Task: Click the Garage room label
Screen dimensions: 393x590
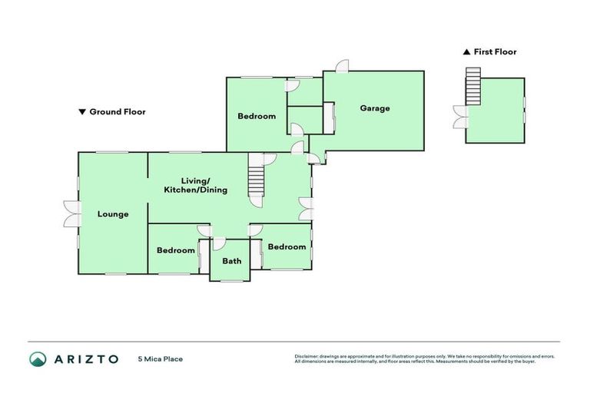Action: [x=375, y=108]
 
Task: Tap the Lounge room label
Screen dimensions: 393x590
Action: [x=113, y=214]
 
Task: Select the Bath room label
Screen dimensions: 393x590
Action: [x=231, y=261]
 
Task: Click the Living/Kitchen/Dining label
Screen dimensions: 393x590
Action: [x=196, y=184]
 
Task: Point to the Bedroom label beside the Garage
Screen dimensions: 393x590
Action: [x=257, y=117]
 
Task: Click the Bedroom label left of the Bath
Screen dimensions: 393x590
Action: [x=176, y=250]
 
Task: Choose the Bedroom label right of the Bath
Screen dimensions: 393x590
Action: [x=287, y=247]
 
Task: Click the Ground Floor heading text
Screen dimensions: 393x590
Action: [x=118, y=112]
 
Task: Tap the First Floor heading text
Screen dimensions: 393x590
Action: [x=495, y=52]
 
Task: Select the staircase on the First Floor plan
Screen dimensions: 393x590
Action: [x=472, y=87]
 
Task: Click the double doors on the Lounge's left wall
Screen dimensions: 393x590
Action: [x=70, y=213]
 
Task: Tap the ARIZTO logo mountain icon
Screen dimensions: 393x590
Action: [x=38, y=358]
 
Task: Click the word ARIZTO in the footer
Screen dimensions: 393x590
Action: [x=86, y=358]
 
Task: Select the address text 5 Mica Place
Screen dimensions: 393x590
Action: [x=161, y=358]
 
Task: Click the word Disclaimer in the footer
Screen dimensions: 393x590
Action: [x=306, y=356]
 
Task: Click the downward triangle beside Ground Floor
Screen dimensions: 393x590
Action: [x=82, y=112]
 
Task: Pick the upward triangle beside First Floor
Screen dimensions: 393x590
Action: [x=466, y=52]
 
